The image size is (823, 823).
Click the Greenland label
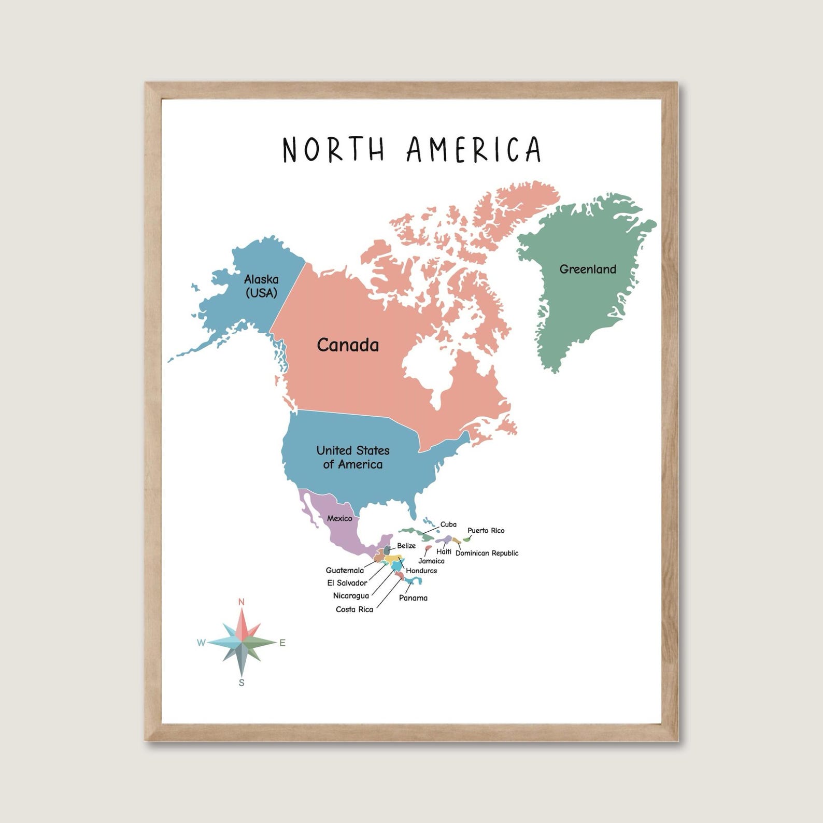(x=588, y=269)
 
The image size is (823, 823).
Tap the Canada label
(x=348, y=345)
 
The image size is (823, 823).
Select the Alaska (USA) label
(x=261, y=286)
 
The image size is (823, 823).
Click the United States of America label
(x=353, y=457)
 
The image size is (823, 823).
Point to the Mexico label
(x=339, y=518)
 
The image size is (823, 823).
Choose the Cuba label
(x=448, y=524)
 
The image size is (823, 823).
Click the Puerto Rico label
(x=486, y=530)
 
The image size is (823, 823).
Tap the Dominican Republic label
(x=487, y=553)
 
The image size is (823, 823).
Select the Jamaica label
(x=431, y=561)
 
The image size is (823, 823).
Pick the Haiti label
(x=444, y=551)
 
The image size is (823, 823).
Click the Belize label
(x=406, y=546)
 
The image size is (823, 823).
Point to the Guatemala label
(x=345, y=571)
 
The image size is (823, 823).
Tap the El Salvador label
(x=347, y=583)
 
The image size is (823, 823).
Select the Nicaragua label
(x=351, y=596)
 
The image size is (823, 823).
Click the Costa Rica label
(x=354, y=609)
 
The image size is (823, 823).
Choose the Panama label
(x=413, y=598)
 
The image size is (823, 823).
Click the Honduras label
(x=421, y=571)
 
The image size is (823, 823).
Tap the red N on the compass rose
(x=241, y=602)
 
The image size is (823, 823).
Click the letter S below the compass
(x=242, y=683)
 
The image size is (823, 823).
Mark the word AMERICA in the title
(x=474, y=149)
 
